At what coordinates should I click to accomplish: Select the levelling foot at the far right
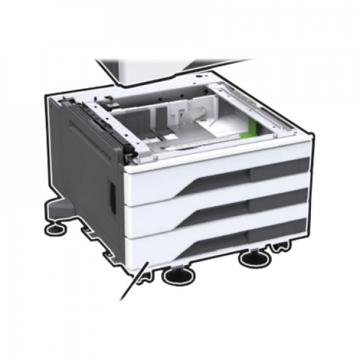255,258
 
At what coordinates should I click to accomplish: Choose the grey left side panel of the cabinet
85,177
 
